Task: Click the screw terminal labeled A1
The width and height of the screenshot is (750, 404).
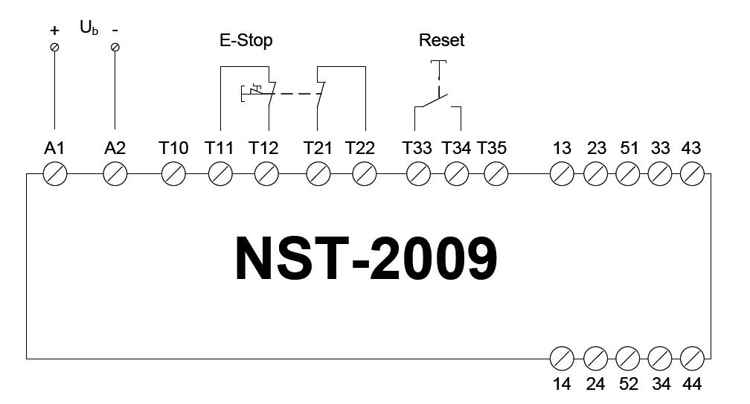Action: [x=55, y=175]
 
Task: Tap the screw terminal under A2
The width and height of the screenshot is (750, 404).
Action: [x=115, y=175]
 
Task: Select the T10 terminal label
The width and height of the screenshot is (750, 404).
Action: [x=173, y=148]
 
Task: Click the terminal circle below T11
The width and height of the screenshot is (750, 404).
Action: [x=219, y=175]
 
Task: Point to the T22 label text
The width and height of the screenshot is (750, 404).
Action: [x=360, y=148]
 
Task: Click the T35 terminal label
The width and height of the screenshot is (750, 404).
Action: [x=492, y=148]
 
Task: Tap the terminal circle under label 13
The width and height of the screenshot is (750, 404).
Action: [x=562, y=175]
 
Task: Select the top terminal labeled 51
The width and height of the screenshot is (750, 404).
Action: [x=628, y=175]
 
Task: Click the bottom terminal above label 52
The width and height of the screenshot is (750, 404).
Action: [x=628, y=359]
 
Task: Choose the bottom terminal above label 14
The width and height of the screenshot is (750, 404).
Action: [x=562, y=359]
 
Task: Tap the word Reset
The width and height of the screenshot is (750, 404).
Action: [x=441, y=40]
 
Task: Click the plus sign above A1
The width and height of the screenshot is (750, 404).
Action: [x=54, y=31]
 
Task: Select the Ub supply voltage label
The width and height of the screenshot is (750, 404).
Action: [x=89, y=29]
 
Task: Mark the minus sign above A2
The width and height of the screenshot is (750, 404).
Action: [x=115, y=31]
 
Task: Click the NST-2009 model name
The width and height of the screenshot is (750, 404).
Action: [x=366, y=260]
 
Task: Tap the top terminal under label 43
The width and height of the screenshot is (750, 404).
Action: [x=692, y=175]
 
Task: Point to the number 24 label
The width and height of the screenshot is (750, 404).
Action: [x=595, y=384]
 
